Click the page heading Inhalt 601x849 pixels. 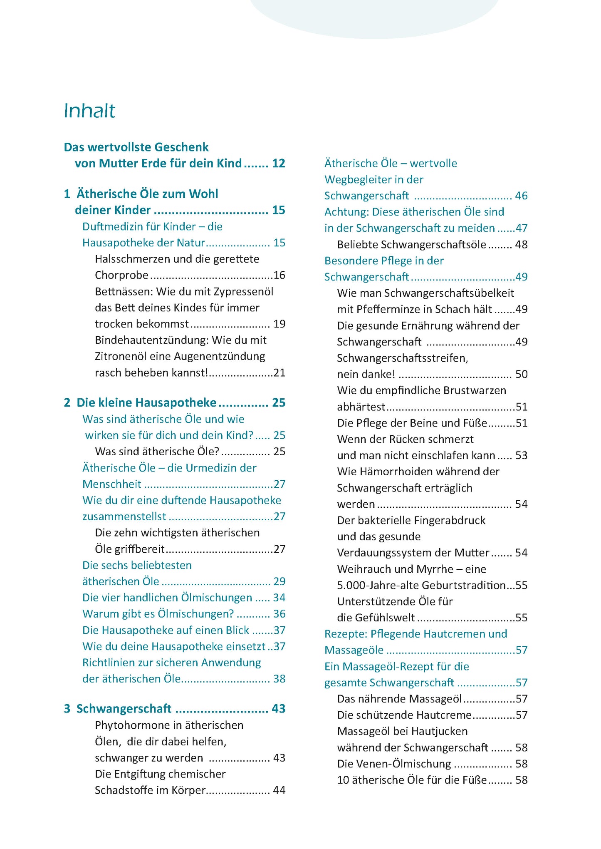89,111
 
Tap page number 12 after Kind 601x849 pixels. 279,163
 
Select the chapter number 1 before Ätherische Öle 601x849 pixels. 67,194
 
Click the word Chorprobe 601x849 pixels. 121,275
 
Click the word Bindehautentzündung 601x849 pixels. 151,340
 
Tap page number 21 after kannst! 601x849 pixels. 279,372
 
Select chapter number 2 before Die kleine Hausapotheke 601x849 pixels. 67,402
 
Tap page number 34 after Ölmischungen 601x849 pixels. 279,598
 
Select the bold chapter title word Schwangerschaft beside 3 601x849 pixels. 124,709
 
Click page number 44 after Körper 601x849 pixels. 279,790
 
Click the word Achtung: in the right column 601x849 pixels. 346,212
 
